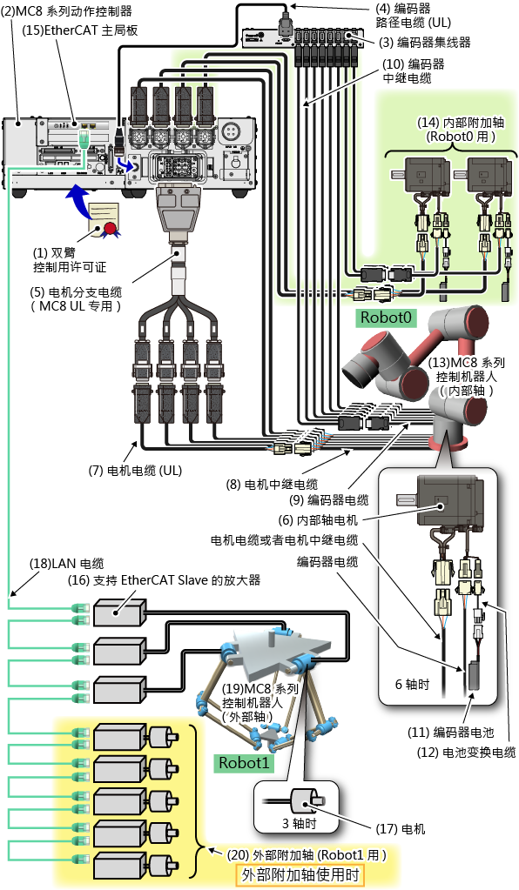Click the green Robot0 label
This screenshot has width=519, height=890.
click(x=386, y=317)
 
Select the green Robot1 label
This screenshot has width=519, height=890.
click(x=244, y=763)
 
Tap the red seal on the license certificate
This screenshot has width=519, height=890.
click(x=109, y=228)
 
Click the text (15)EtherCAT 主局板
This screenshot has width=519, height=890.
click(x=79, y=30)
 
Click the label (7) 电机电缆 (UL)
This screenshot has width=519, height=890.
click(x=135, y=470)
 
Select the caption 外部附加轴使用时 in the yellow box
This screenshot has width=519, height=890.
click(x=300, y=874)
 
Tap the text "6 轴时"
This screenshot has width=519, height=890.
click(x=412, y=684)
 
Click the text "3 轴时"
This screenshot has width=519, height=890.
click(x=299, y=822)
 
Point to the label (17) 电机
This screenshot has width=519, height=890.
click(x=401, y=829)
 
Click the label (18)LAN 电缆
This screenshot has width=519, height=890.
click(x=67, y=564)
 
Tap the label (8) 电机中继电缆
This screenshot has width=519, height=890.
click(x=272, y=485)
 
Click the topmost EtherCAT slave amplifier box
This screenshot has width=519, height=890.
click(x=120, y=613)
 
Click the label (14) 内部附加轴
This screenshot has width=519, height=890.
click(x=461, y=122)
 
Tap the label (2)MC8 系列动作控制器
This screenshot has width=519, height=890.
click(x=66, y=10)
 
